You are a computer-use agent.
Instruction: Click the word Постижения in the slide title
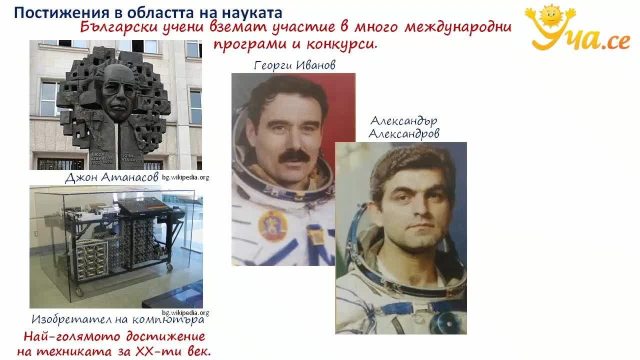point(61,13)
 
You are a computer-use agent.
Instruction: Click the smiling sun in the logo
point(550,16)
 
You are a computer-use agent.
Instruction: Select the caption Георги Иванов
point(294,65)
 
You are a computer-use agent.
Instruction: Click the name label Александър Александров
point(404,127)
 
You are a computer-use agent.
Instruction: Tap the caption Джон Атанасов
point(111,177)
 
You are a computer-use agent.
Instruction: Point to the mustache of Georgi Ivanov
point(294,156)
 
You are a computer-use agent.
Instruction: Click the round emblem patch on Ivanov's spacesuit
point(272,225)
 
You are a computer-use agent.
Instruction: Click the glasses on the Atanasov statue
point(118,89)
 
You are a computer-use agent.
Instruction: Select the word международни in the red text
point(457,27)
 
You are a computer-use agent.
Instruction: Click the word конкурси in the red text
point(341,44)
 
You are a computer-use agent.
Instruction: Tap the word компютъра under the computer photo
point(168,319)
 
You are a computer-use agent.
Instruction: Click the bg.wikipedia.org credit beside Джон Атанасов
point(185,177)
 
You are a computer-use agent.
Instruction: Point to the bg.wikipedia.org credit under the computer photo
point(185,313)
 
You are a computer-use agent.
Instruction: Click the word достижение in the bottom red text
point(165,336)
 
